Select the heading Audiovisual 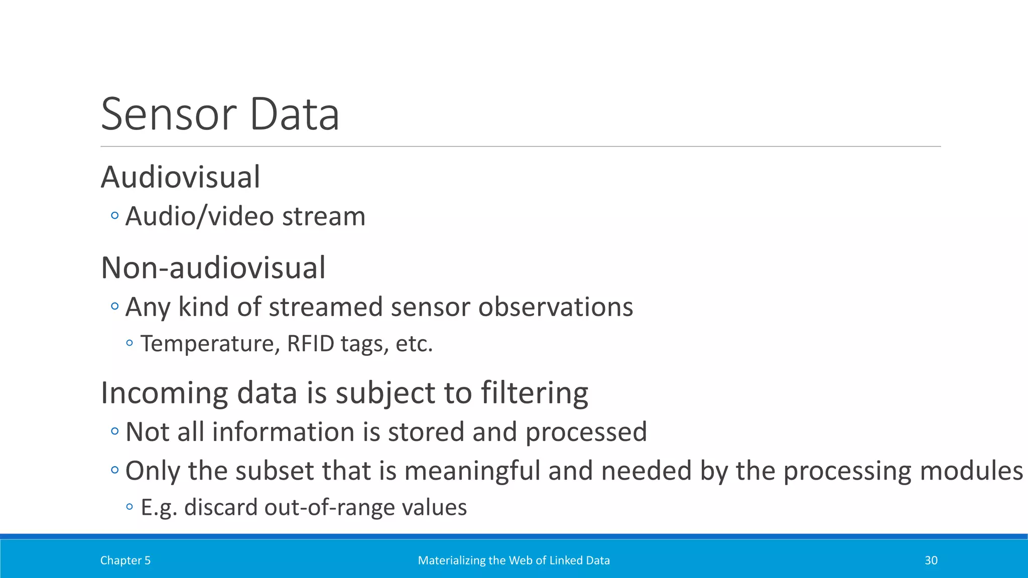click(181, 177)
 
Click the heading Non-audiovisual click(213, 267)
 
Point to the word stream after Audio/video click(324, 217)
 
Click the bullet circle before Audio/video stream click(114, 216)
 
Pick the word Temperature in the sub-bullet click(210, 344)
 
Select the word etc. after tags click(414, 344)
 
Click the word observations click(556, 307)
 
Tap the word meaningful click(472, 471)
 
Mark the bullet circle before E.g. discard click(130, 507)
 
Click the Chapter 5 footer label click(125, 560)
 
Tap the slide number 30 click(931, 560)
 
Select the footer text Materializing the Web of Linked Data click(513, 560)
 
